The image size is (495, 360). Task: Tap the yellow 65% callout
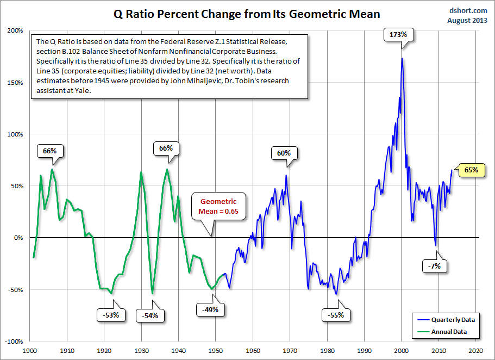point(471,170)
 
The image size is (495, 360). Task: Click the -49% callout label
point(210,309)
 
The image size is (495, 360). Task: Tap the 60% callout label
point(284,153)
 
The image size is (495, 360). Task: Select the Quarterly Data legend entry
point(448,320)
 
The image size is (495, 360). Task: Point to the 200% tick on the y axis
point(15,31)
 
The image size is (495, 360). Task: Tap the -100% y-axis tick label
point(14,342)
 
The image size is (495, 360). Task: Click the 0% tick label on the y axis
point(18,238)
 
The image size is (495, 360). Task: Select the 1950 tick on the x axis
point(216,351)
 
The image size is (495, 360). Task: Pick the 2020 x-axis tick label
point(475,351)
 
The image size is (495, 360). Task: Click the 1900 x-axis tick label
point(30,351)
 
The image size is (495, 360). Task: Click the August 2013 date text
point(466,20)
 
